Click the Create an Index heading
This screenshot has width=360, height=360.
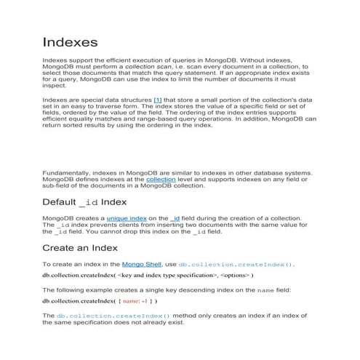80,249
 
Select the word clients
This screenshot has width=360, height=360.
122,225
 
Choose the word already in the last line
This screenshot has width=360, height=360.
161,322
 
